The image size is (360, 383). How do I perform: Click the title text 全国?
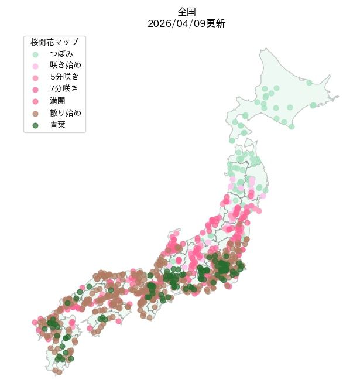186,12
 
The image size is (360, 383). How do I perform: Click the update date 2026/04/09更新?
186,23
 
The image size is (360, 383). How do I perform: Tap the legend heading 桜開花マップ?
54,42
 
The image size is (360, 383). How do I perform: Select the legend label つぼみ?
61,53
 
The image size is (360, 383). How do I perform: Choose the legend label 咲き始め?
66,65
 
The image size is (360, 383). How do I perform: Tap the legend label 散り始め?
66,112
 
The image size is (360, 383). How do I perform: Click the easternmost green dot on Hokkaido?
313,105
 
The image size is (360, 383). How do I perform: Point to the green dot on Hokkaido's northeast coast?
308,83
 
